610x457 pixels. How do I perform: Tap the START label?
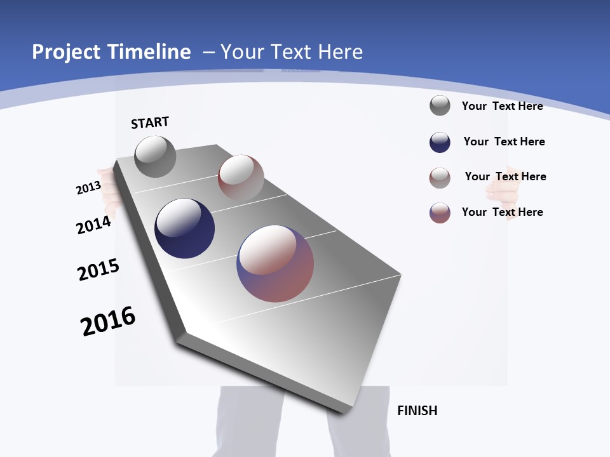tap(150, 123)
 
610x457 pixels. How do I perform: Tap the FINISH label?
tap(417, 411)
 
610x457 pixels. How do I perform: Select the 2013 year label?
tap(89, 188)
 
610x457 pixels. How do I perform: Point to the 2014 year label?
tap(94, 225)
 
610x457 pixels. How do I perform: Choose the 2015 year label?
tap(98, 270)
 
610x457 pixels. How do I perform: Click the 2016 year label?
tap(108, 321)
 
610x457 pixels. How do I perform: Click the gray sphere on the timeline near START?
tap(155, 157)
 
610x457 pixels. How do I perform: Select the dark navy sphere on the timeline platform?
tap(185, 228)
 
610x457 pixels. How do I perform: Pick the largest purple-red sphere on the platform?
tap(275, 263)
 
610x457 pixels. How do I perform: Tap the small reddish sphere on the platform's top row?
tap(241, 177)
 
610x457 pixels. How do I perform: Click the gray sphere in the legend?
tap(440, 105)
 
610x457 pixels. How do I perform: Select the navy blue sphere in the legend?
tap(440, 142)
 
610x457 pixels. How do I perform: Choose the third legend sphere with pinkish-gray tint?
tap(440, 178)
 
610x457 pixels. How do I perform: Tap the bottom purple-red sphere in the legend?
tap(440, 213)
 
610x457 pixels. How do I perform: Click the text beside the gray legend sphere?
tap(502, 106)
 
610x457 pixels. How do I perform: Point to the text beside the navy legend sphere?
tap(504, 142)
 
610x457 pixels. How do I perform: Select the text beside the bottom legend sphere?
tap(502, 212)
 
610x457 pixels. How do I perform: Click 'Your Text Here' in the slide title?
tap(291, 52)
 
